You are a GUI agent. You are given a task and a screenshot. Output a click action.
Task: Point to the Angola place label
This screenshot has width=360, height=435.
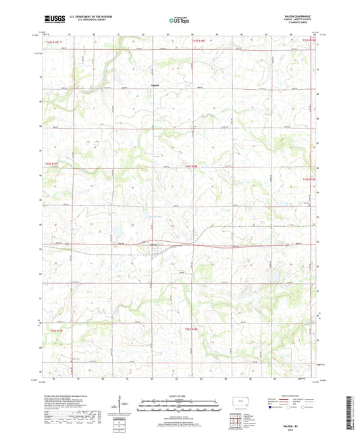(x=155, y=84)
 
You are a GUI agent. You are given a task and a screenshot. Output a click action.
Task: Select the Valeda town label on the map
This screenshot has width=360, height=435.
(x=154, y=244)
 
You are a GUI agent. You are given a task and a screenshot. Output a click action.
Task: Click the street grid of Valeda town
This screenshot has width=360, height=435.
(x=157, y=251)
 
